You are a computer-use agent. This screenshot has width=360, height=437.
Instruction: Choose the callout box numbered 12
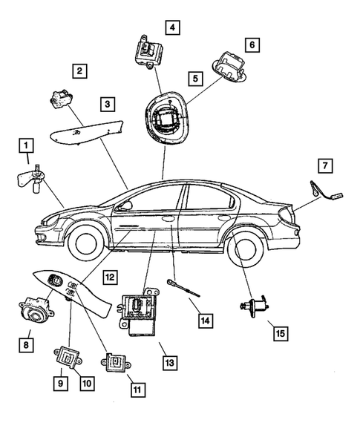tap(110, 277)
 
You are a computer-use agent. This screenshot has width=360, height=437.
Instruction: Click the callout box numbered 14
tap(205, 321)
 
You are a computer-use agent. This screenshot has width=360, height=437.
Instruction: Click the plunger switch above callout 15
tap(252, 305)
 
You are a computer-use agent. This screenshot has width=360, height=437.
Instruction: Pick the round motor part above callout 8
tap(33, 312)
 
